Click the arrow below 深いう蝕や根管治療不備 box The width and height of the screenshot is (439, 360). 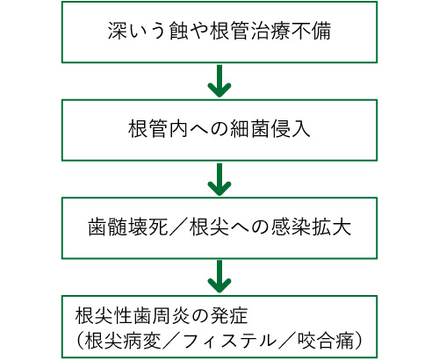click(219, 81)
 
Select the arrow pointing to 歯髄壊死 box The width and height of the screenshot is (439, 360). click(219, 179)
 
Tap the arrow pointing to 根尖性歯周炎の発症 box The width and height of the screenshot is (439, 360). click(219, 277)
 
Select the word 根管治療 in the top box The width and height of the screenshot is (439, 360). click(250, 31)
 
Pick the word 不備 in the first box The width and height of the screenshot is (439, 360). click(311, 31)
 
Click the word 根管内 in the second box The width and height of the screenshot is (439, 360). click(158, 129)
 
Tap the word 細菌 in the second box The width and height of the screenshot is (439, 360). click(250, 129)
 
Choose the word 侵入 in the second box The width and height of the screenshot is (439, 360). click(291, 129)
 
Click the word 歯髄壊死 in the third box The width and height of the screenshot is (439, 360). click(128, 227)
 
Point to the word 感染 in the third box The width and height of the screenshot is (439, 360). click(291, 227)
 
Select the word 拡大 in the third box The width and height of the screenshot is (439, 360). click(331, 227)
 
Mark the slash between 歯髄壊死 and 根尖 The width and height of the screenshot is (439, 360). click(178, 227)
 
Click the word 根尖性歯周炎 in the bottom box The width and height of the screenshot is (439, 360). click(133, 316)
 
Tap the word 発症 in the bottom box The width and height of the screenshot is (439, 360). click(229, 316)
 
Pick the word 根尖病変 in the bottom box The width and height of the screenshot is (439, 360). click(123, 341)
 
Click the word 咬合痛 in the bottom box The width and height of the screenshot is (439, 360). click(326, 341)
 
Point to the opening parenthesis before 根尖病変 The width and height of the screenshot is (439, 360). click(80, 341)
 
